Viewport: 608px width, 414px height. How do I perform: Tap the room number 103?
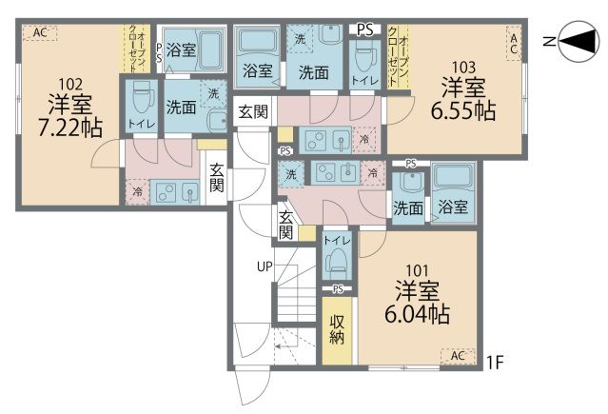click(x=464, y=67)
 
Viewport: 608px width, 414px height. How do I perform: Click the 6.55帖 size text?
click(x=465, y=110)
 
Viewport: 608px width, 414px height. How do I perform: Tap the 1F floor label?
click(x=494, y=361)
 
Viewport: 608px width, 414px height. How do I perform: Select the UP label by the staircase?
click(x=264, y=266)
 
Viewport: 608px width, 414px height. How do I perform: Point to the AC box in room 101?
click(x=457, y=356)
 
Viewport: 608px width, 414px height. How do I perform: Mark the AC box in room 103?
click(x=513, y=42)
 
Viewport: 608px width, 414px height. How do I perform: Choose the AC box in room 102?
click(x=40, y=33)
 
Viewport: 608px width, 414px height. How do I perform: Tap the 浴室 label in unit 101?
click(x=453, y=207)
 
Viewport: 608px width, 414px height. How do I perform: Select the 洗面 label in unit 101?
click(x=408, y=207)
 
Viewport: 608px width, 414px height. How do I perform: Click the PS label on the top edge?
click(x=364, y=30)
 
